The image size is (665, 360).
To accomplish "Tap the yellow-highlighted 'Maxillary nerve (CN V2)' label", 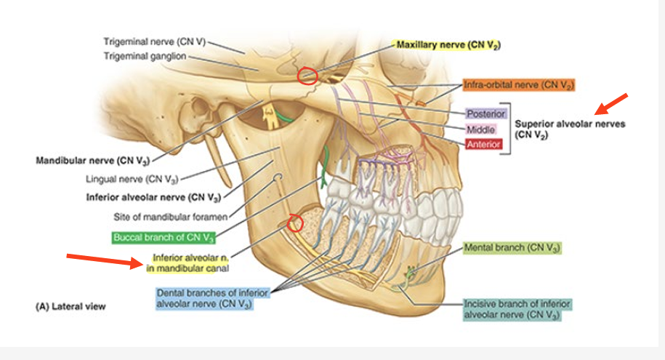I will click(448, 45).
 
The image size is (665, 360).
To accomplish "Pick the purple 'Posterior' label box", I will click(485, 114).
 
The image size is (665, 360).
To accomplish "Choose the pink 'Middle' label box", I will click(480, 129).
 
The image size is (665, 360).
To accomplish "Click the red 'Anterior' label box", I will click(483, 144).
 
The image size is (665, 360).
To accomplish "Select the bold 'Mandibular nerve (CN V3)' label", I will click(85, 160).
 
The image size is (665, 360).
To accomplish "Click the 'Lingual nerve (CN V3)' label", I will click(137, 178).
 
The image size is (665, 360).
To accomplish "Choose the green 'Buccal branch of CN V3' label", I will click(163, 237).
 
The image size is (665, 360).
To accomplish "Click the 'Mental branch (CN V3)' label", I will click(512, 248).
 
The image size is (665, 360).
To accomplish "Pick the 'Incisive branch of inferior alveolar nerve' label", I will click(516, 308).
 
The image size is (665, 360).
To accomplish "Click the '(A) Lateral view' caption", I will click(70, 306).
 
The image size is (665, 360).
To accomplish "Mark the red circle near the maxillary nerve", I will click(307, 76).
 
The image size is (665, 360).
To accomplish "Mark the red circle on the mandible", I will click(295, 223).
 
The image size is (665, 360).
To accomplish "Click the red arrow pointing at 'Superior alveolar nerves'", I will click(612, 103).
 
